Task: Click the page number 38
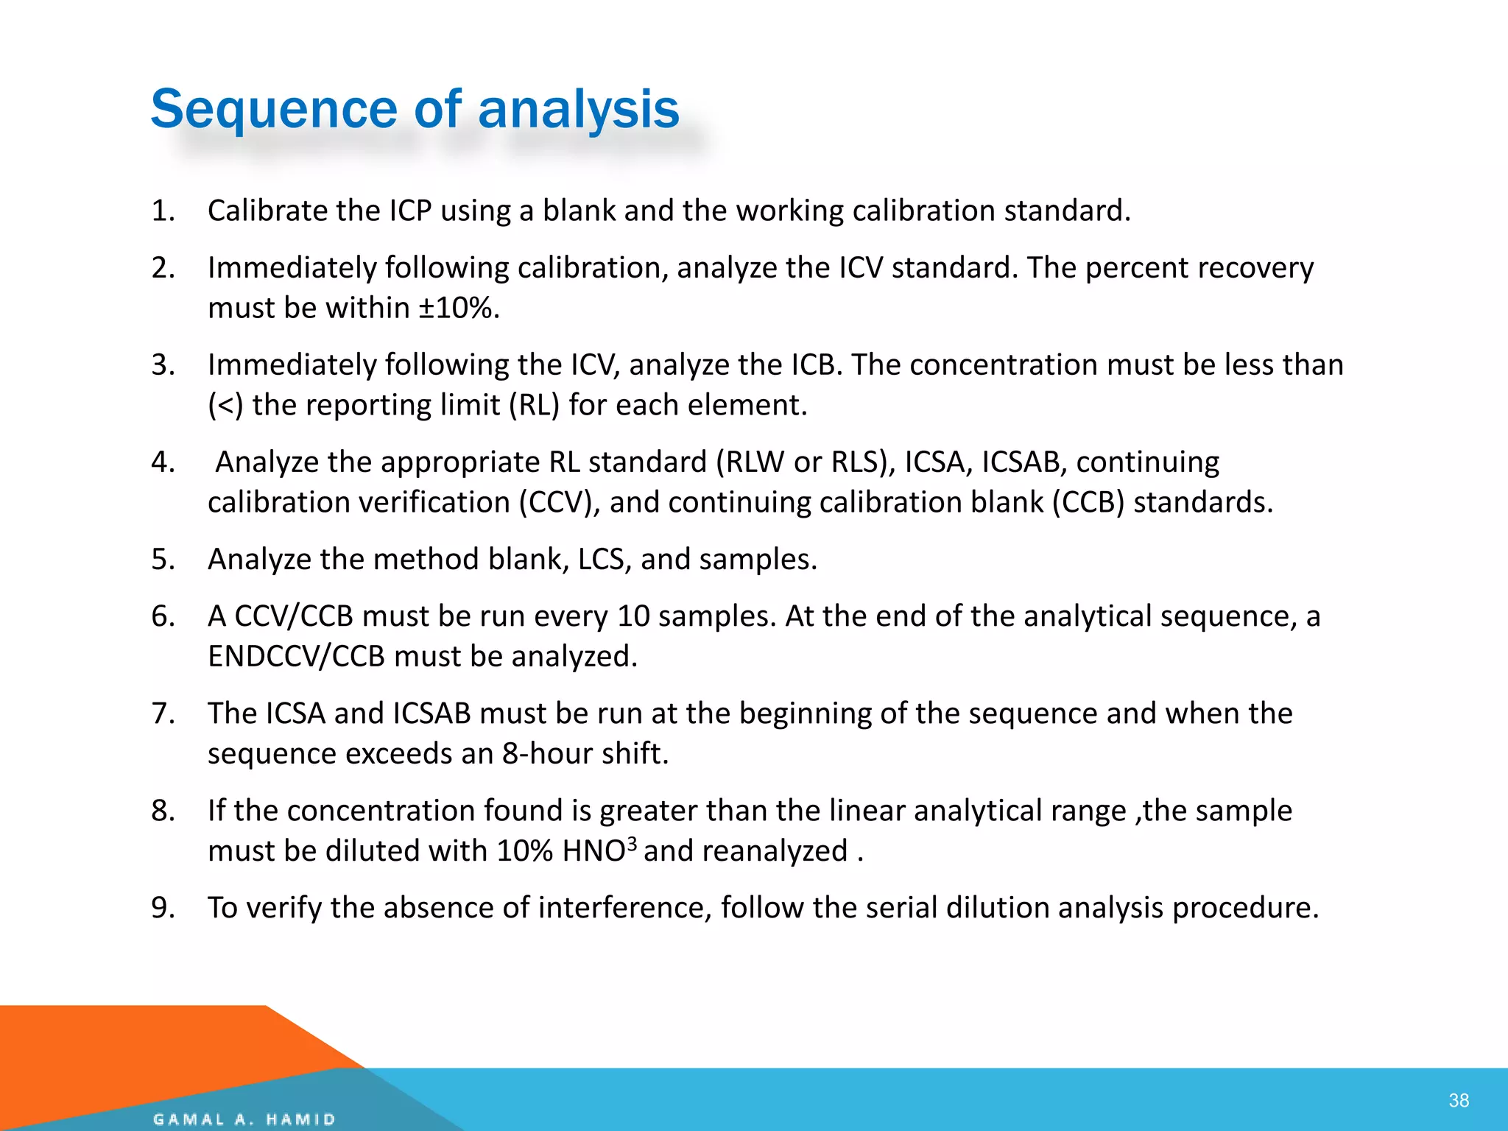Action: point(1458,1100)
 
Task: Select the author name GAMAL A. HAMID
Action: point(244,1119)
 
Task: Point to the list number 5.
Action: point(163,560)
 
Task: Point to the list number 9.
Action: point(163,908)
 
